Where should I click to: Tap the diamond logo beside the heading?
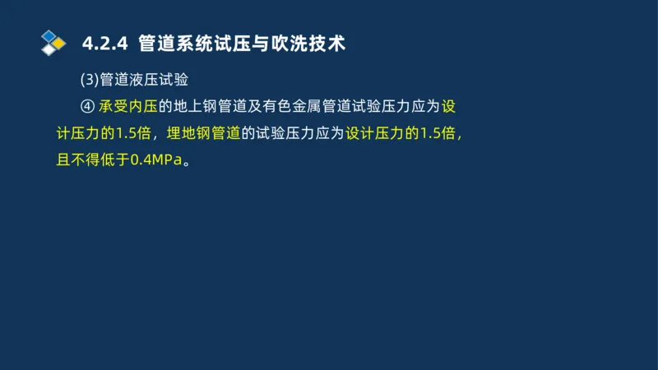click(x=52, y=41)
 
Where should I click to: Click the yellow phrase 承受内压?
click(x=128, y=106)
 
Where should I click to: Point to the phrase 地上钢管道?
click(x=202, y=106)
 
